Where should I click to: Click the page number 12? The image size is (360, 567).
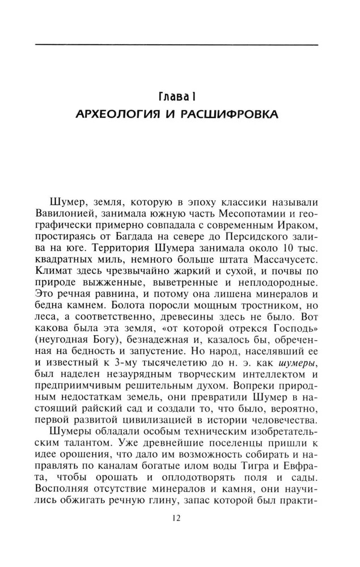click(x=180, y=517)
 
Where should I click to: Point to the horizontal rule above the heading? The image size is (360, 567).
click(x=180, y=43)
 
